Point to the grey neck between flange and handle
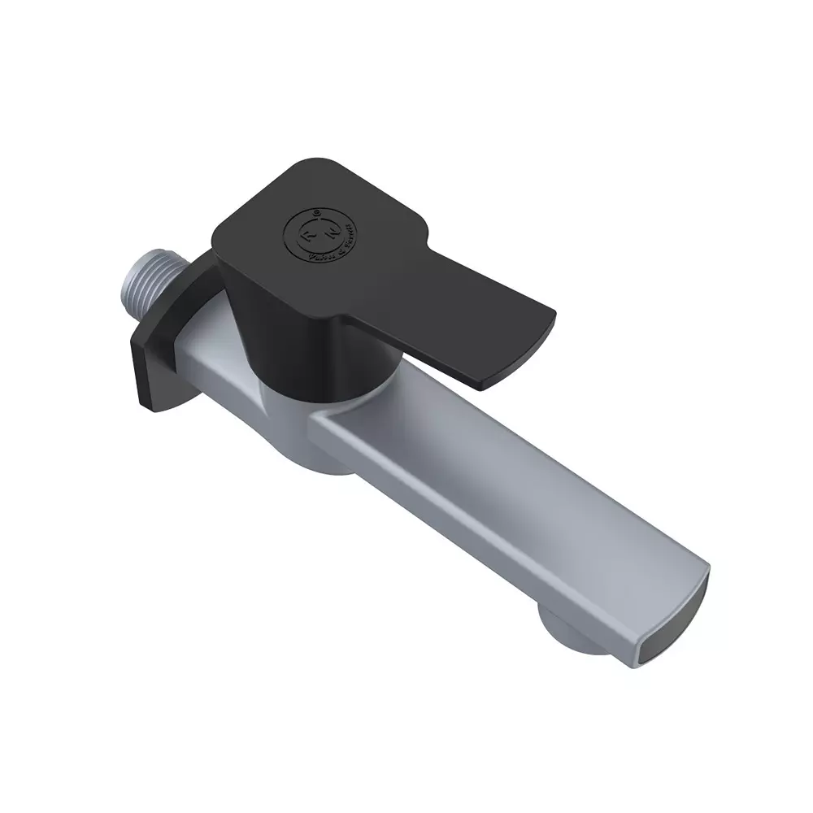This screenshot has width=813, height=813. [x=207, y=341]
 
